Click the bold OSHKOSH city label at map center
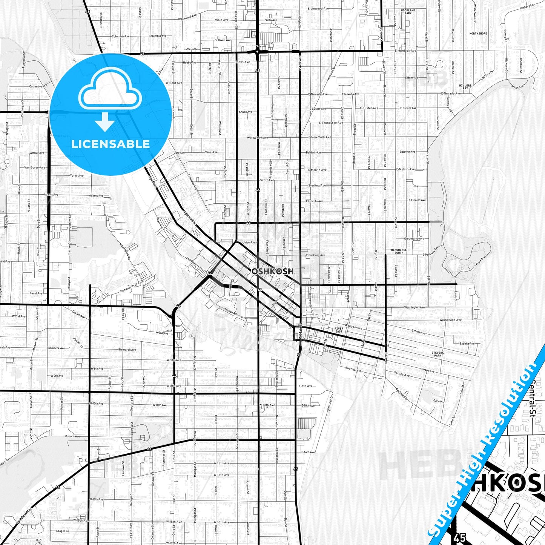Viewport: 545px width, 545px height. (272, 271)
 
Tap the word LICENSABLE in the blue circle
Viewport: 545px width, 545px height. (111, 144)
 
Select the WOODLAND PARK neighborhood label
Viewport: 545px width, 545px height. (408, 12)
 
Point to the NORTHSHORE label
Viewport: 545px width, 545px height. (478, 34)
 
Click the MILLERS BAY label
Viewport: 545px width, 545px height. (465, 87)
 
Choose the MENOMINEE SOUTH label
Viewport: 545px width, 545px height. (399, 251)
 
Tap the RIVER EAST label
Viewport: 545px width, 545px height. (339, 330)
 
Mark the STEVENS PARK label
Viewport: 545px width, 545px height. (438, 354)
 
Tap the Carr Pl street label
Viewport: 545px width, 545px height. (437, 401)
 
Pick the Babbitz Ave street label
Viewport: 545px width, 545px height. (467, 344)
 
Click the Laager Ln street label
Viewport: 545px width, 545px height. (62, 531)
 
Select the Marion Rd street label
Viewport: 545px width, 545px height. (230, 312)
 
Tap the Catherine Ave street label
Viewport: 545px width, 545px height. (38, 86)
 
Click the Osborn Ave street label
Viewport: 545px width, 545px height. (72, 436)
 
